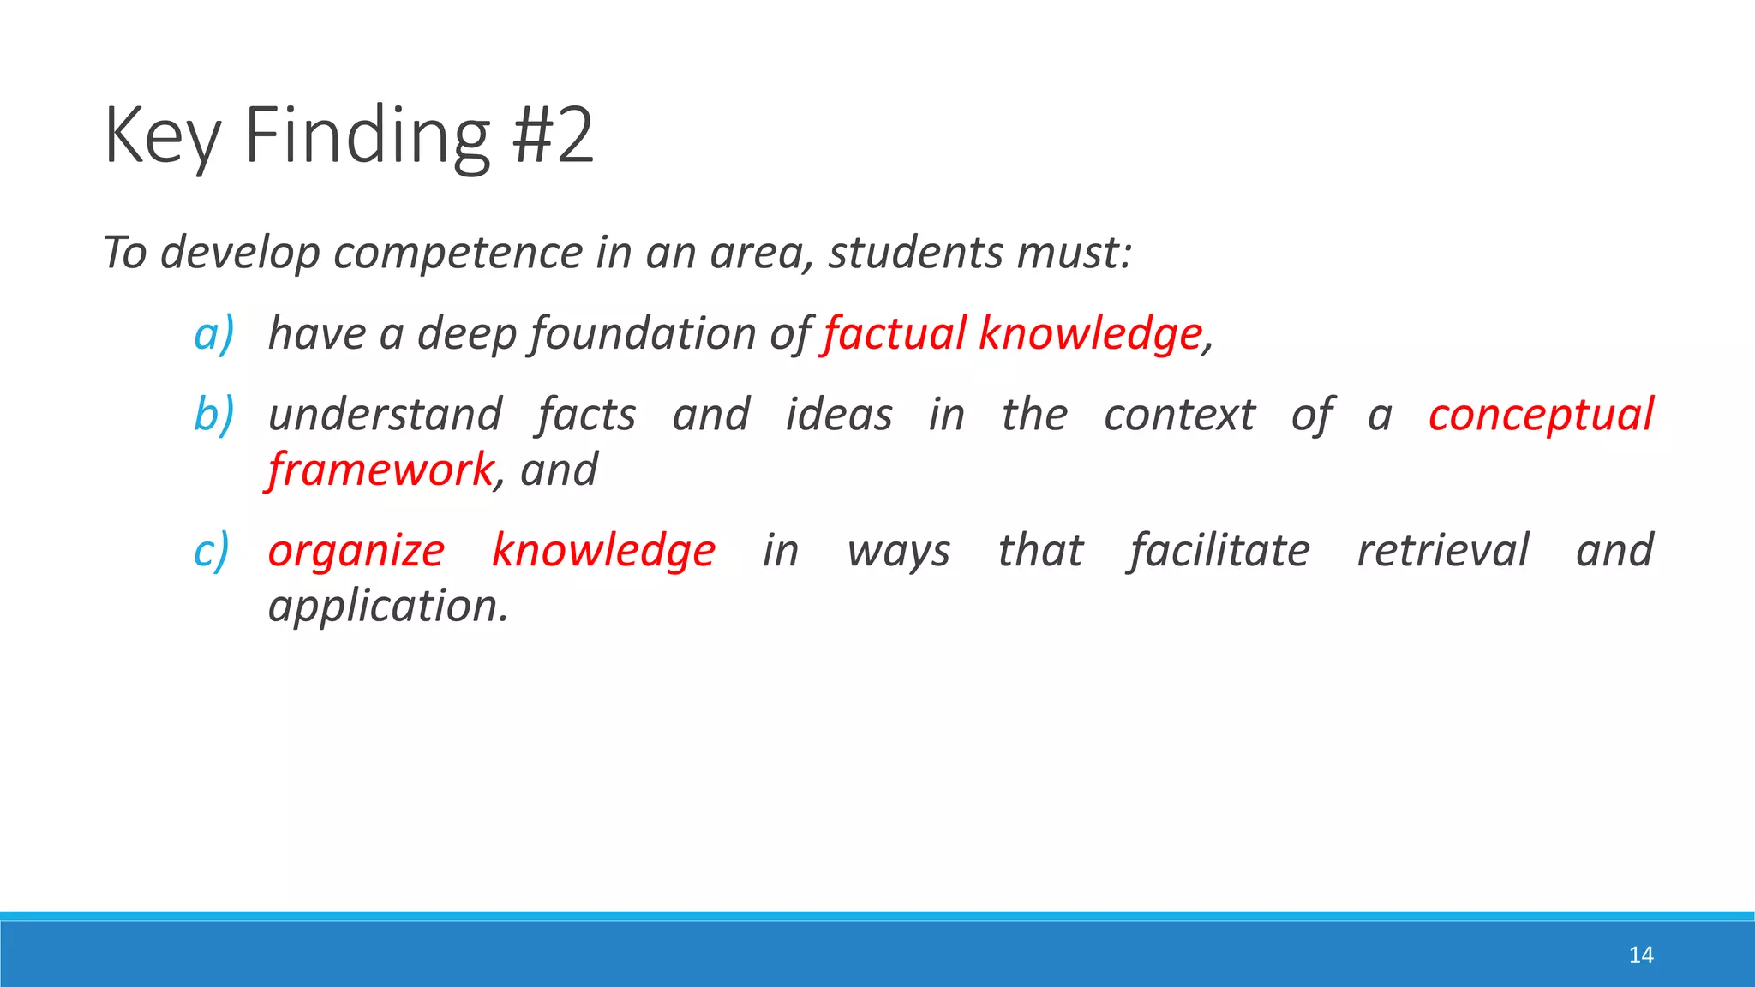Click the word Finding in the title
367,135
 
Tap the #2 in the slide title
553,135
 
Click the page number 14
1640,954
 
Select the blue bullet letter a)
213,333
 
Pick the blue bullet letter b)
213,415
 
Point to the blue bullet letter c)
212,551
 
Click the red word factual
894,333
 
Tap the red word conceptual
1541,415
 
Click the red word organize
356,551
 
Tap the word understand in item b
386,415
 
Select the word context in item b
1179,415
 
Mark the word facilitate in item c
1219,551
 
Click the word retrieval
1443,551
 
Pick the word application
388,607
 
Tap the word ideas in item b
839,415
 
